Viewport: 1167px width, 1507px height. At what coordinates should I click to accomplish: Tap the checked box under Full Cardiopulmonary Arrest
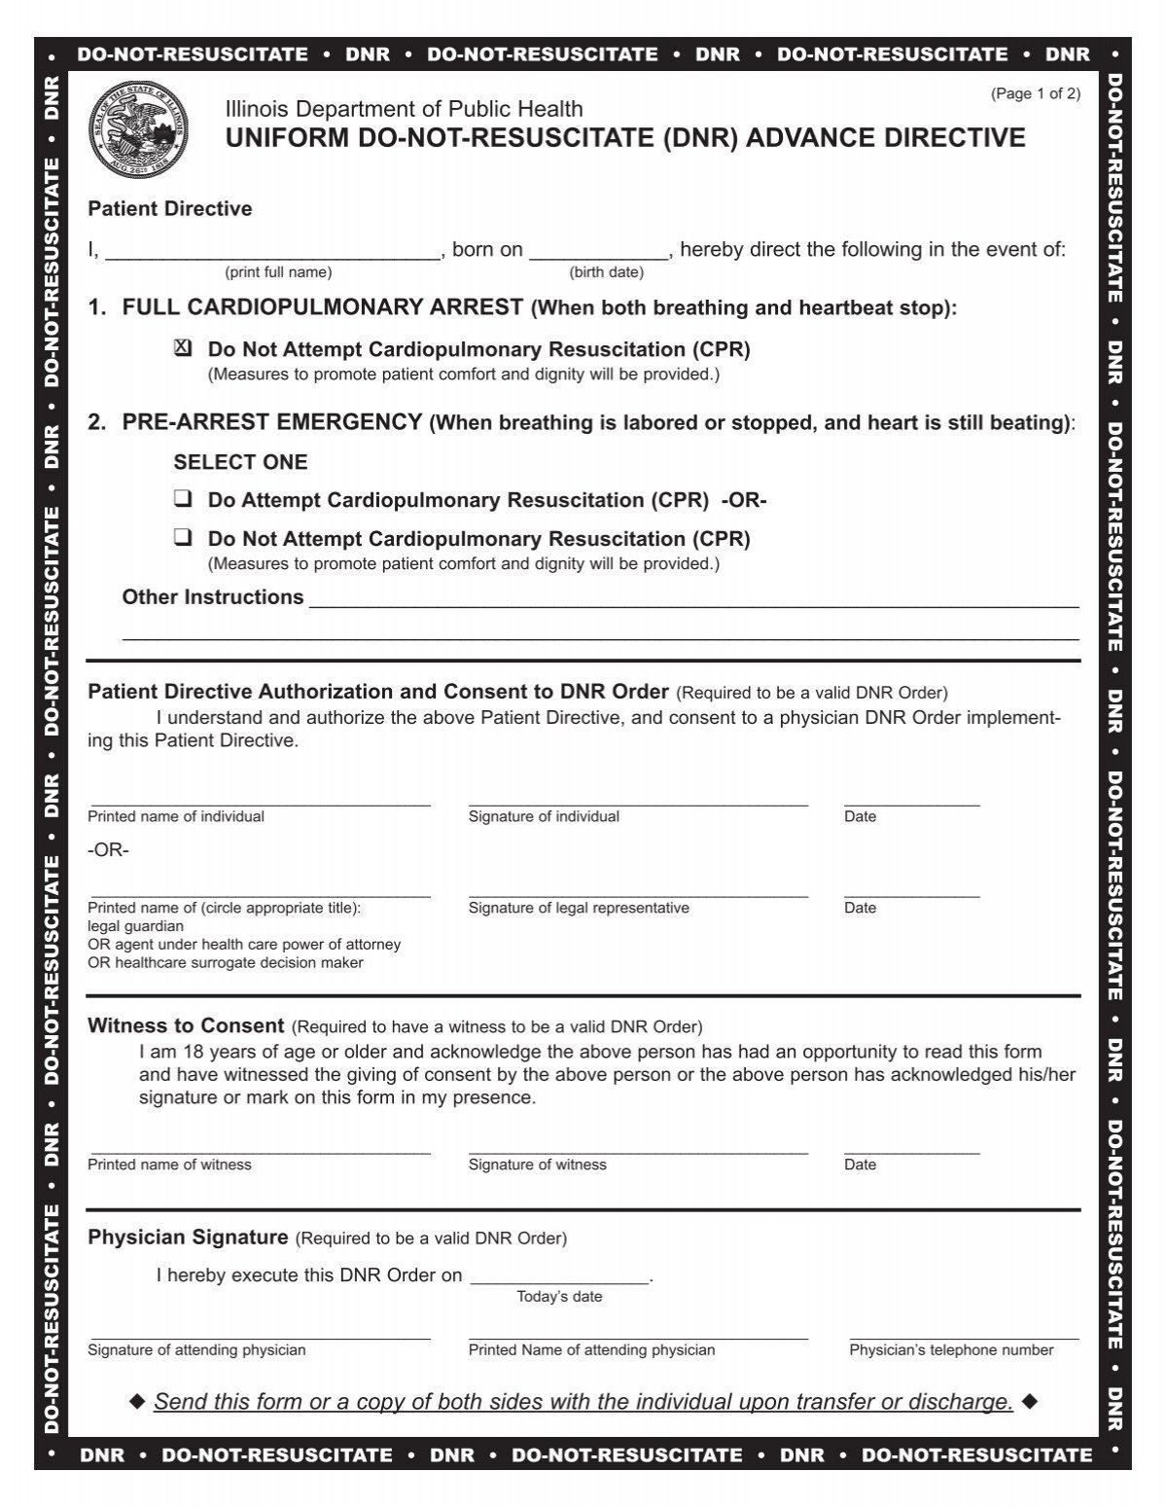(183, 349)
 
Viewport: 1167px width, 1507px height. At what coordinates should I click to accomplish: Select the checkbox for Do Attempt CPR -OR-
(183, 500)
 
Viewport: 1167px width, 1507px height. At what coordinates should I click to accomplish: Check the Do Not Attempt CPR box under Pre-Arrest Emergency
(183, 539)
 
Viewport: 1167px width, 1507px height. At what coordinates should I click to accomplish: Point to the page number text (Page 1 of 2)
(1035, 94)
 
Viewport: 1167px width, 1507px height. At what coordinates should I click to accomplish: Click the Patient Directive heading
(170, 209)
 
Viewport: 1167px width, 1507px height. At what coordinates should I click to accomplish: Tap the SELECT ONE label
(240, 462)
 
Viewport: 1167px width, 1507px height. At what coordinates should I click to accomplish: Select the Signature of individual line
(638, 803)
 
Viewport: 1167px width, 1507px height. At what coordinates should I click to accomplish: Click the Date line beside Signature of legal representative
(911, 894)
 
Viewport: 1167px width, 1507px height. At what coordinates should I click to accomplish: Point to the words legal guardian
(135, 926)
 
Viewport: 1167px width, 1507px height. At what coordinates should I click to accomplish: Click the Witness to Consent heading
(186, 1026)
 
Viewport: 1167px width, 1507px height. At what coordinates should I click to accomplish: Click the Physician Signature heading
(188, 1238)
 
